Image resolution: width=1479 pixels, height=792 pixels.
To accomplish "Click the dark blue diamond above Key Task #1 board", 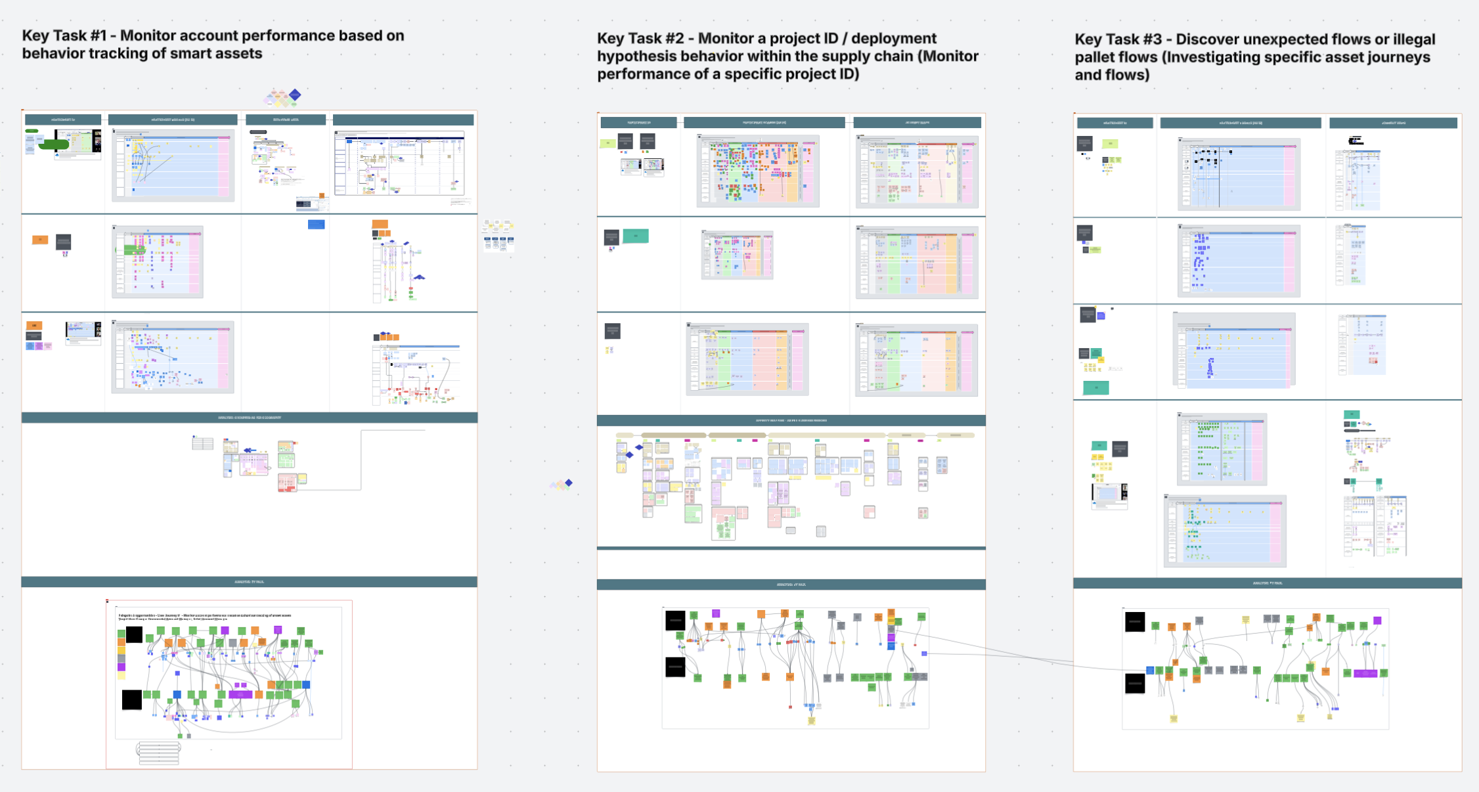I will (x=296, y=95).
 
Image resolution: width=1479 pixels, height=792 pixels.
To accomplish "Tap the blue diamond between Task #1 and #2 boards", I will (x=569, y=483).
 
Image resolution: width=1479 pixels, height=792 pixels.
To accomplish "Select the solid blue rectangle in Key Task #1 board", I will (x=316, y=225).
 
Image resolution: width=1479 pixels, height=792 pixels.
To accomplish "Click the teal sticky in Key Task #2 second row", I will (x=635, y=236).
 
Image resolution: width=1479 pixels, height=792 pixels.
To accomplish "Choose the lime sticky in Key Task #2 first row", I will (x=607, y=143).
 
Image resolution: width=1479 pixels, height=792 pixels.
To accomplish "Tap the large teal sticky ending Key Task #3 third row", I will (x=1095, y=388).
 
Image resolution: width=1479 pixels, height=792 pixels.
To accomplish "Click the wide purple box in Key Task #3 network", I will (x=1365, y=673).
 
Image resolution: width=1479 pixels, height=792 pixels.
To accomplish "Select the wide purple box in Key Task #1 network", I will (x=240, y=694).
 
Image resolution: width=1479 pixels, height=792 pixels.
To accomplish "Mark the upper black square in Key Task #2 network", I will (x=675, y=621).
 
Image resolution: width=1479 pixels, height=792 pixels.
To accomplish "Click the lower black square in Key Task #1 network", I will (x=131, y=699).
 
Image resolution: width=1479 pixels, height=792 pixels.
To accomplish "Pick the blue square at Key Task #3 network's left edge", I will (x=1150, y=671).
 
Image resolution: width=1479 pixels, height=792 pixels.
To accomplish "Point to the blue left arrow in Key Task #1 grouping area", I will (x=250, y=451).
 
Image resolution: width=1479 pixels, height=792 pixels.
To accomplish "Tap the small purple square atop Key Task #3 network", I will (x=1377, y=621).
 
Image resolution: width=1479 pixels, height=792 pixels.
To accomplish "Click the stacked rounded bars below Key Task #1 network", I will (x=159, y=753).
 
